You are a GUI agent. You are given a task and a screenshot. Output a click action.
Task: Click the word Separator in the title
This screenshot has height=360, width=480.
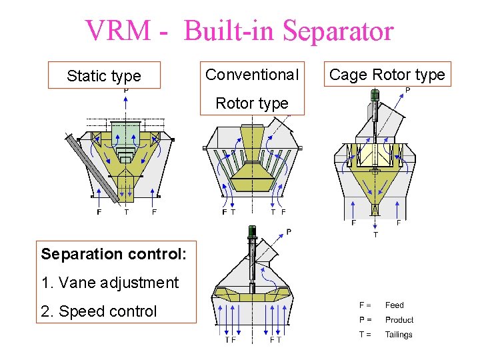tap(338, 31)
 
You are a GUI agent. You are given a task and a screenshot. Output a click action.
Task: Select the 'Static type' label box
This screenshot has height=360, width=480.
tap(104, 76)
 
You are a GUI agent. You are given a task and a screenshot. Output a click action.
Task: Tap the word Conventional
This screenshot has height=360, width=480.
tap(252, 75)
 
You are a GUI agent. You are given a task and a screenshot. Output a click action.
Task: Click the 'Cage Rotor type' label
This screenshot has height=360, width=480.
tap(387, 75)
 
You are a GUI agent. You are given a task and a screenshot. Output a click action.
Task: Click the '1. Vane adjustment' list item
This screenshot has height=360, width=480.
tap(109, 283)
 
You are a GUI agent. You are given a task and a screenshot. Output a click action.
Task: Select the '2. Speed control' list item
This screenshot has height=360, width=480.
tap(99, 311)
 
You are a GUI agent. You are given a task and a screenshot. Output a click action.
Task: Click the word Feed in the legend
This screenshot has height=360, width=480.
tap(395, 305)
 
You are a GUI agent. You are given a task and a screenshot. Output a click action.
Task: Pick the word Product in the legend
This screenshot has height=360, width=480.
tap(399, 320)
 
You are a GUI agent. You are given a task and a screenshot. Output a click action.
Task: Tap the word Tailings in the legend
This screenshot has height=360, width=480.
tap(399, 335)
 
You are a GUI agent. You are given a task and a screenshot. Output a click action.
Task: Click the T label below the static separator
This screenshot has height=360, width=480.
tap(127, 213)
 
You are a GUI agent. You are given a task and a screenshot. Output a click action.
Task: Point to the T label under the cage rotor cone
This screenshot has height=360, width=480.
tap(375, 235)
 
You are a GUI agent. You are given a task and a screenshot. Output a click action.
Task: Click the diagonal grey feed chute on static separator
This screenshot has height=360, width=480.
tap(93, 168)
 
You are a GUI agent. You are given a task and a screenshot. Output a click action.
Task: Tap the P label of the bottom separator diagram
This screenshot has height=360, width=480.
tap(289, 232)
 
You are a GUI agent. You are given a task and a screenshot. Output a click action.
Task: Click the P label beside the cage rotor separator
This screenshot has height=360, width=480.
tap(407, 91)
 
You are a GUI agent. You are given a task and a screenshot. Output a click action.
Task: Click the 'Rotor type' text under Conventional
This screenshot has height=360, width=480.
tap(252, 103)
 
